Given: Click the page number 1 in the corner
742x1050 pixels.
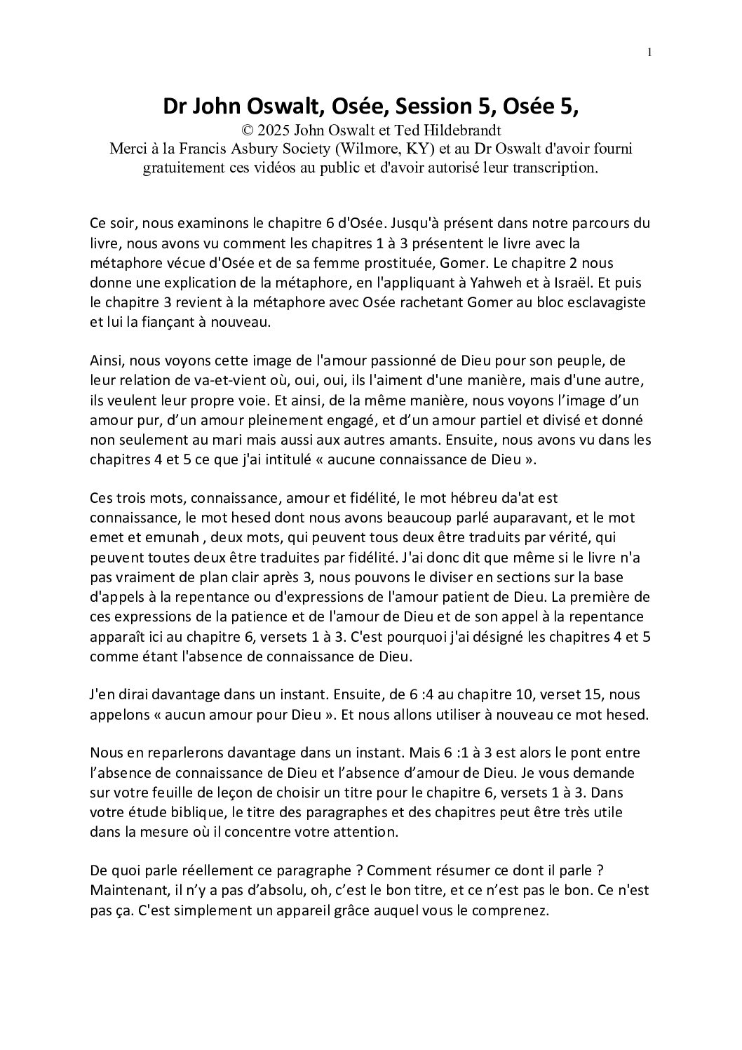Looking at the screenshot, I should (x=650, y=51).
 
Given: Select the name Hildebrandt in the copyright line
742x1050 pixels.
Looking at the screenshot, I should (x=468, y=130).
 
